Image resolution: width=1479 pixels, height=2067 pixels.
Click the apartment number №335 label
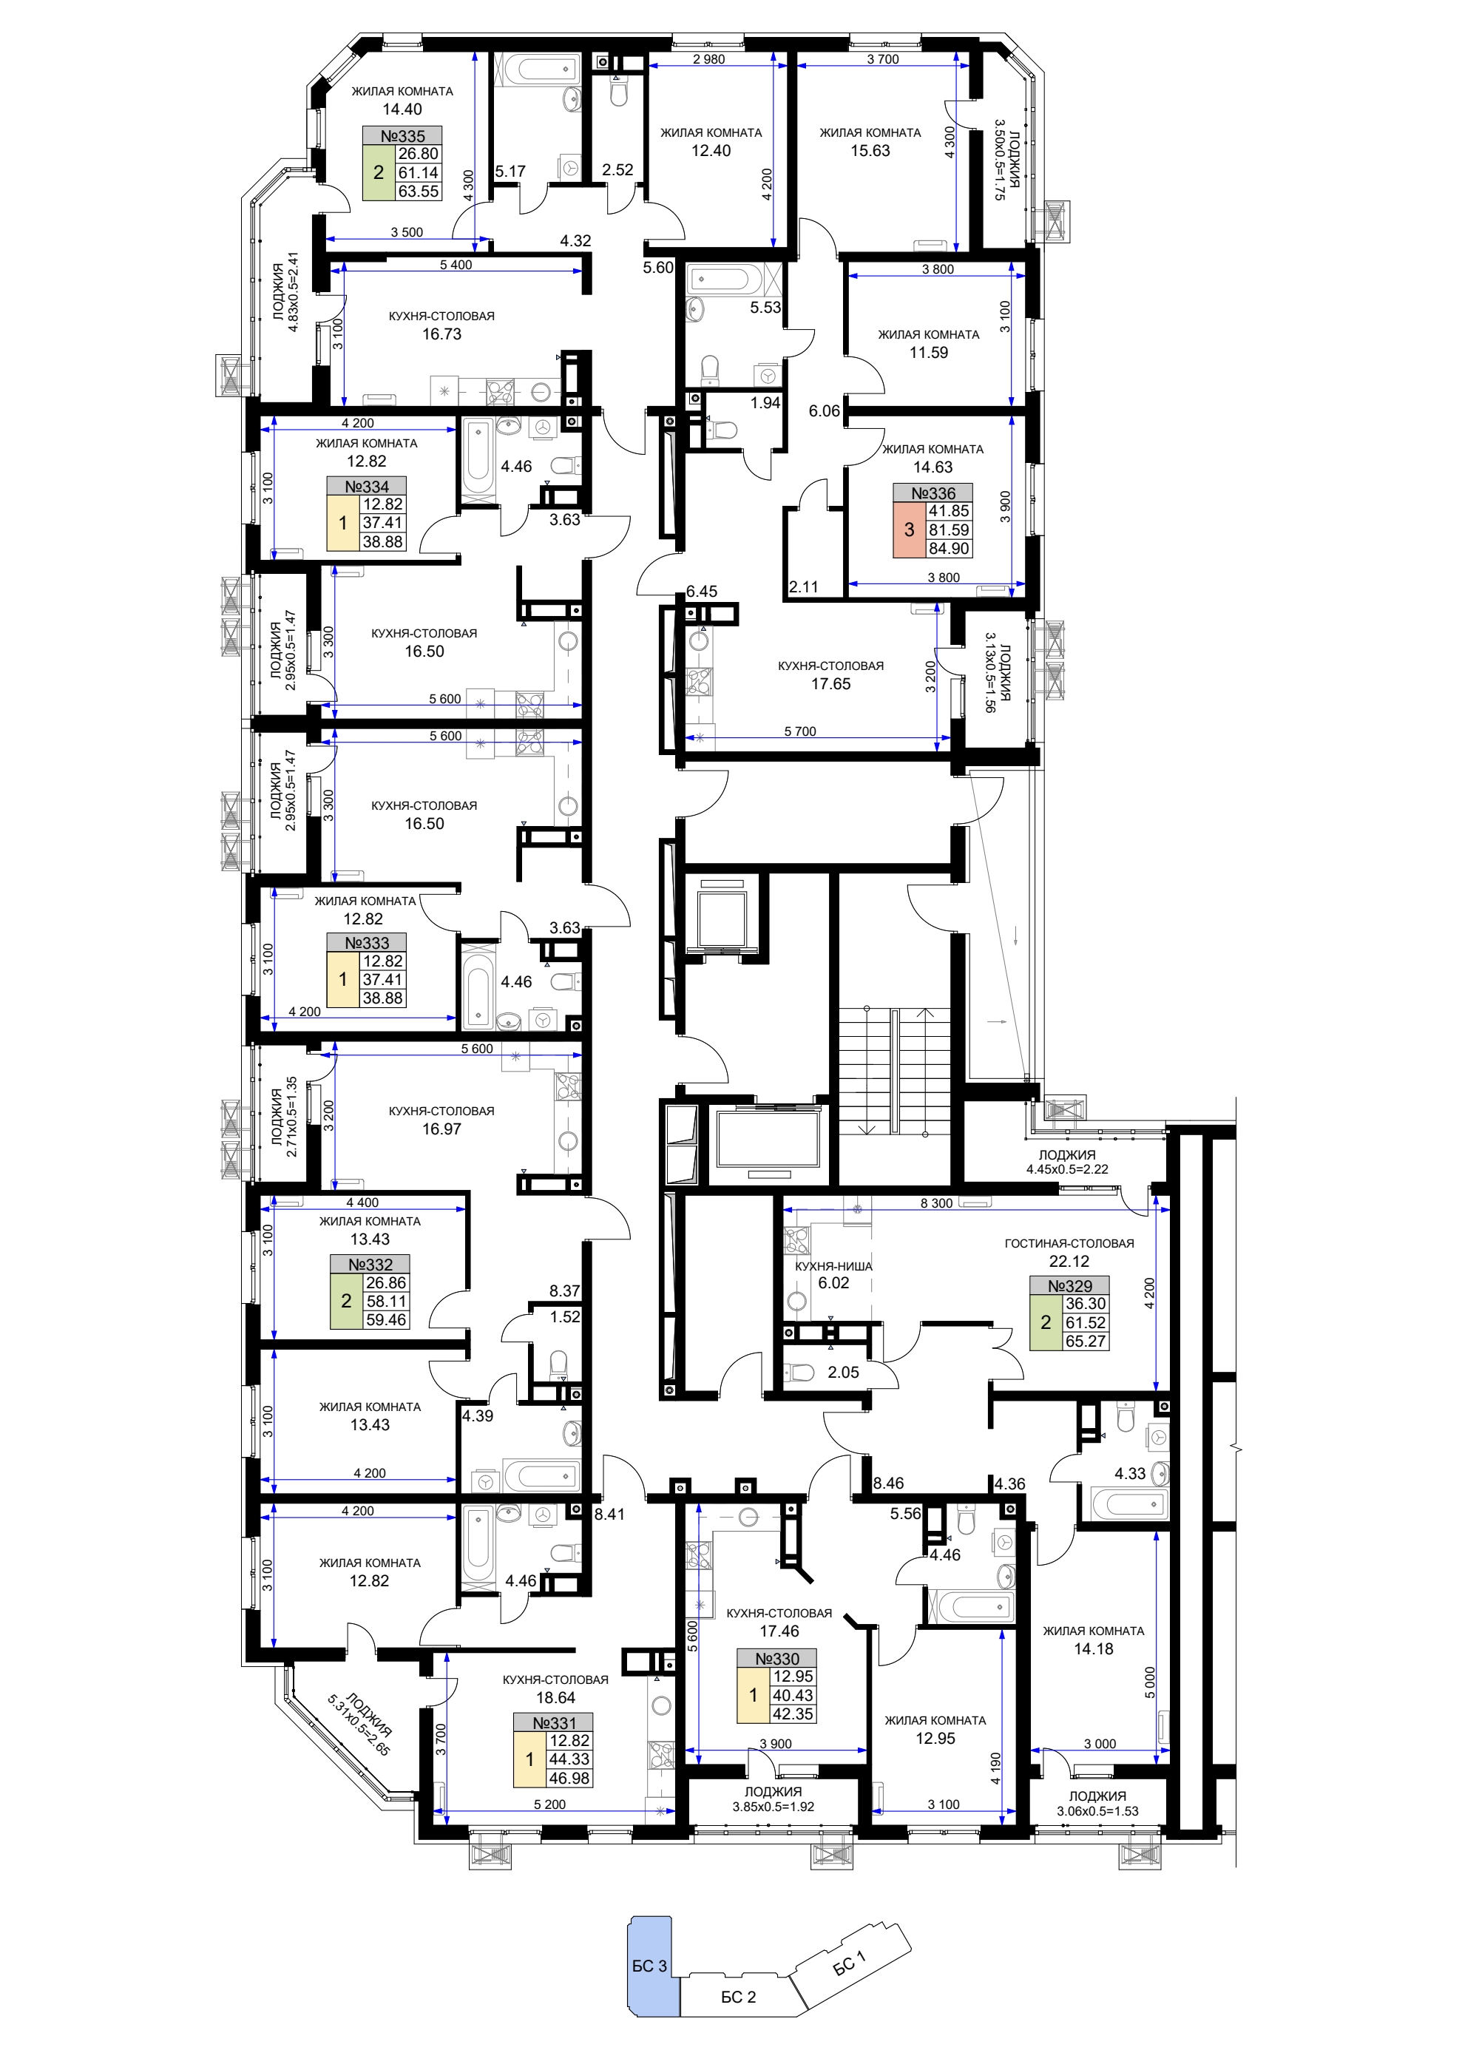tap(402, 135)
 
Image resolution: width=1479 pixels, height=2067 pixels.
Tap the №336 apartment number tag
tap(933, 493)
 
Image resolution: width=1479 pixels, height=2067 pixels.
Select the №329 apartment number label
tap(1070, 1286)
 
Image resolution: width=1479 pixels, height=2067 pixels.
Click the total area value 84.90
tap(949, 548)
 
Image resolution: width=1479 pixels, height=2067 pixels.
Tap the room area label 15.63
tap(870, 151)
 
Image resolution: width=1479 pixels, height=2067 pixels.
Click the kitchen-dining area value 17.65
tap(830, 684)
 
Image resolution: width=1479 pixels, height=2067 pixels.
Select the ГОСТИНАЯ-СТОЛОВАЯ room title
tap(1069, 1244)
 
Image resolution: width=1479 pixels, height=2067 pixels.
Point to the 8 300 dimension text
tap(936, 1203)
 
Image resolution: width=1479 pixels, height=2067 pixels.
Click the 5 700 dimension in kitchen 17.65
tap(799, 731)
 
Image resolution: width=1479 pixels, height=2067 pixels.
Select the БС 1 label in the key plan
tap(849, 1963)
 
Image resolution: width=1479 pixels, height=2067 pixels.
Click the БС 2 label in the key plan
tap(739, 1997)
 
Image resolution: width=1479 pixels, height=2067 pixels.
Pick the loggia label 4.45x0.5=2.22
tap(1067, 1169)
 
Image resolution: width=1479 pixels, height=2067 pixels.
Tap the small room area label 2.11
tap(803, 587)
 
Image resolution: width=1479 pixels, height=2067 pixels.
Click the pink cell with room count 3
tap(909, 530)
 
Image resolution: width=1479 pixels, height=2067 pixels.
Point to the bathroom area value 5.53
tap(765, 308)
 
